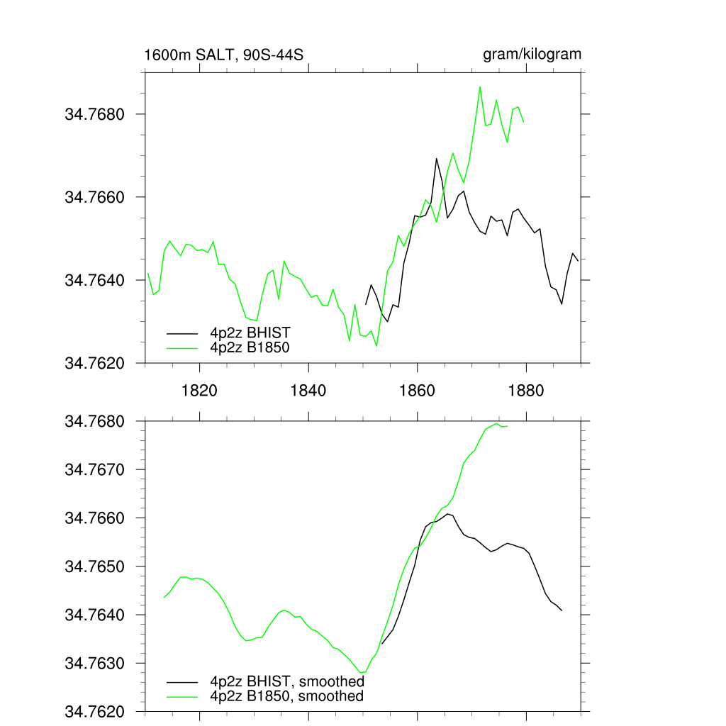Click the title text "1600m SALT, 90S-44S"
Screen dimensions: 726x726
tap(223, 55)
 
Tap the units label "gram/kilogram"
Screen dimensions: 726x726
tap(532, 55)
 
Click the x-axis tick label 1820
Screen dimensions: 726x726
tap(199, 391)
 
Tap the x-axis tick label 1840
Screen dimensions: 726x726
tap(308, 391)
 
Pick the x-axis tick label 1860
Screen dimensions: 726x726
tap(418, 391)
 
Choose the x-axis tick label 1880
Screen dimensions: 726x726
tap(527, 391)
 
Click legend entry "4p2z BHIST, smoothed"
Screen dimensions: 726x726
tap(287, 682)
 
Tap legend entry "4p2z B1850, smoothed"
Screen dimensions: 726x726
tap(287, 696)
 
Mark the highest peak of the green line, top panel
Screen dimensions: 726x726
tap(480, 87)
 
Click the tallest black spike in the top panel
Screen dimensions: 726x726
tap(437, 158)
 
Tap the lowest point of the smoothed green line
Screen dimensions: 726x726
tap(362, 672)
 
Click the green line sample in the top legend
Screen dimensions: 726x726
tap(181, 347)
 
